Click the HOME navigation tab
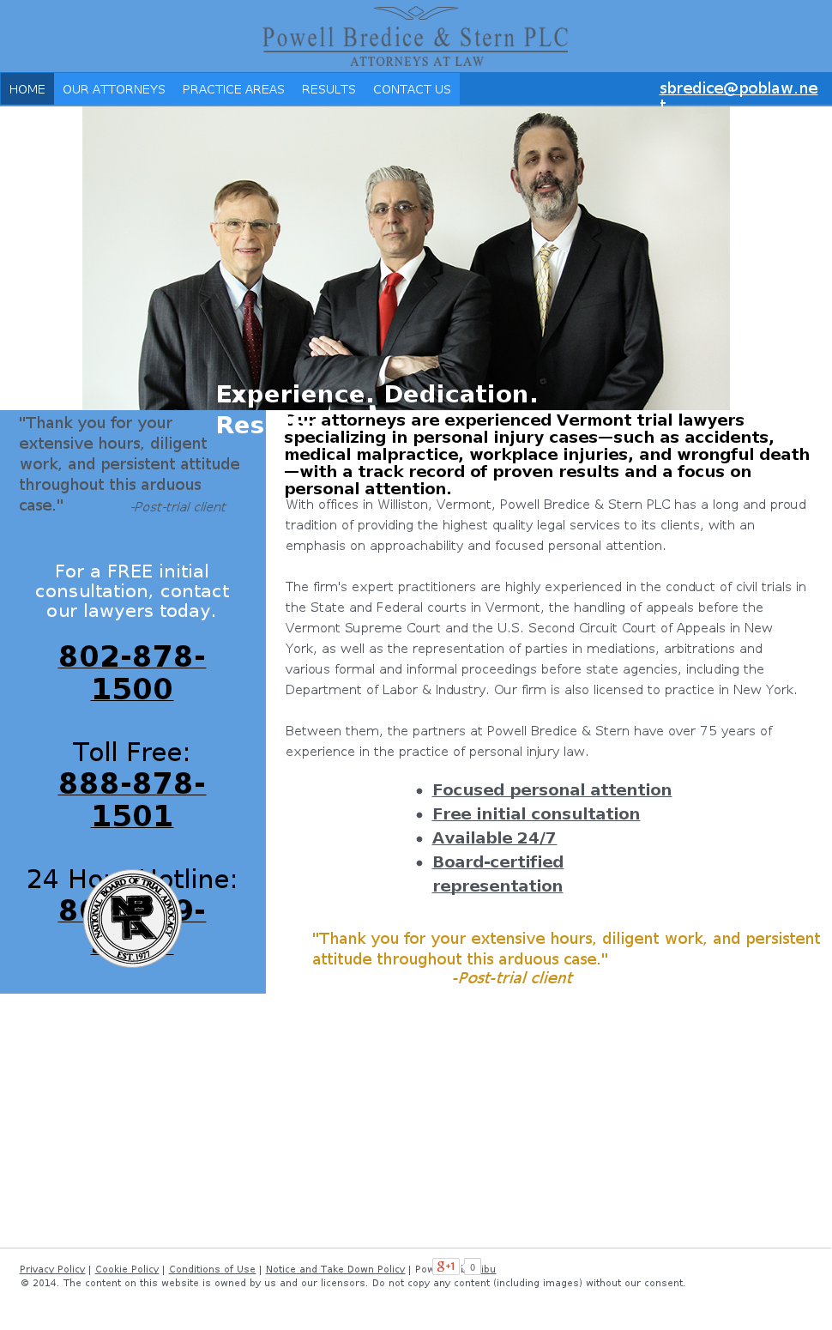pyautogui.click(x=27, y=89)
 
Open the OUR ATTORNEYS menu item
pyautogui.click(x=114, y=89)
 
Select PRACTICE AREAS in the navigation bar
pyautogui.click(x=233, y=89)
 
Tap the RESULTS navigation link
pyautogui.click(x=329, y=89)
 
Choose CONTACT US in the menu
pyautogui.click(x=412, y=89)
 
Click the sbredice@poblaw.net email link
pyautogui.click(x=738, y=88)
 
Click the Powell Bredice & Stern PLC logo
pyautogui.click(x=415, y=38)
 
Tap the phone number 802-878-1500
pyautogui.click(x=132, y=672)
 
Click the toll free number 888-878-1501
pyautogui.click(x=132, y=799)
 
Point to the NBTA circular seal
pyautogui.click(x=132, y=918)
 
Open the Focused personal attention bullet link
pyautogui.click(x=552, y=789)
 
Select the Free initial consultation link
pyautogui.click(x=536, y=813)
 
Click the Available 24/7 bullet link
pyautogui.click(x=494, y=837)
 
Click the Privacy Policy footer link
pyautogui.click(x=52, y=1269)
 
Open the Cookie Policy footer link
pyautogui.click(x=127, y=1269)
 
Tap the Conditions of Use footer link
pyautogui.click(x=212, y=1269)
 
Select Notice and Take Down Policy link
pyautogui.click(x=335, y=1269)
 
